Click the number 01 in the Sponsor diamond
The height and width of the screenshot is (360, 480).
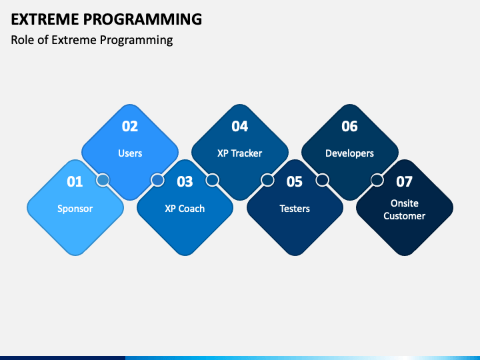75,181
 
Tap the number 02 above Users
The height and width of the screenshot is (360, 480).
130,126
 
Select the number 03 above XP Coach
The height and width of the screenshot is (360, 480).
185,181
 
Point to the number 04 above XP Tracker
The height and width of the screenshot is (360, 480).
240,126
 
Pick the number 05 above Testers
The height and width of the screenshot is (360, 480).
295,181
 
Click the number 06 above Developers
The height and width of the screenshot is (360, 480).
349,126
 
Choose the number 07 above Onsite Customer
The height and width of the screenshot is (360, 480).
405,181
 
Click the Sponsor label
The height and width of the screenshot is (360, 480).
75,209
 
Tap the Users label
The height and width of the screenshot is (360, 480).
130,153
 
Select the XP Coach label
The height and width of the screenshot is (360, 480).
185,209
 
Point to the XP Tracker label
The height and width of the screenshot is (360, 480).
240,153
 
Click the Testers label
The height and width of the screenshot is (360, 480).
295,209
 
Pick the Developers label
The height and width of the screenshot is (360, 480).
349,153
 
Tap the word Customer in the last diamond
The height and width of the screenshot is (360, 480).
405,216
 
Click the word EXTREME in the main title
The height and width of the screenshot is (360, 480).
45,19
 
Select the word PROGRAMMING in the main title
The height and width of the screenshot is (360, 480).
143,19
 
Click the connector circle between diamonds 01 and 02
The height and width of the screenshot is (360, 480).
103,180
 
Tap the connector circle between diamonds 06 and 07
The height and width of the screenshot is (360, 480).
377,180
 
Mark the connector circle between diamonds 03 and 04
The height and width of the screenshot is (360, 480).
213,180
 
